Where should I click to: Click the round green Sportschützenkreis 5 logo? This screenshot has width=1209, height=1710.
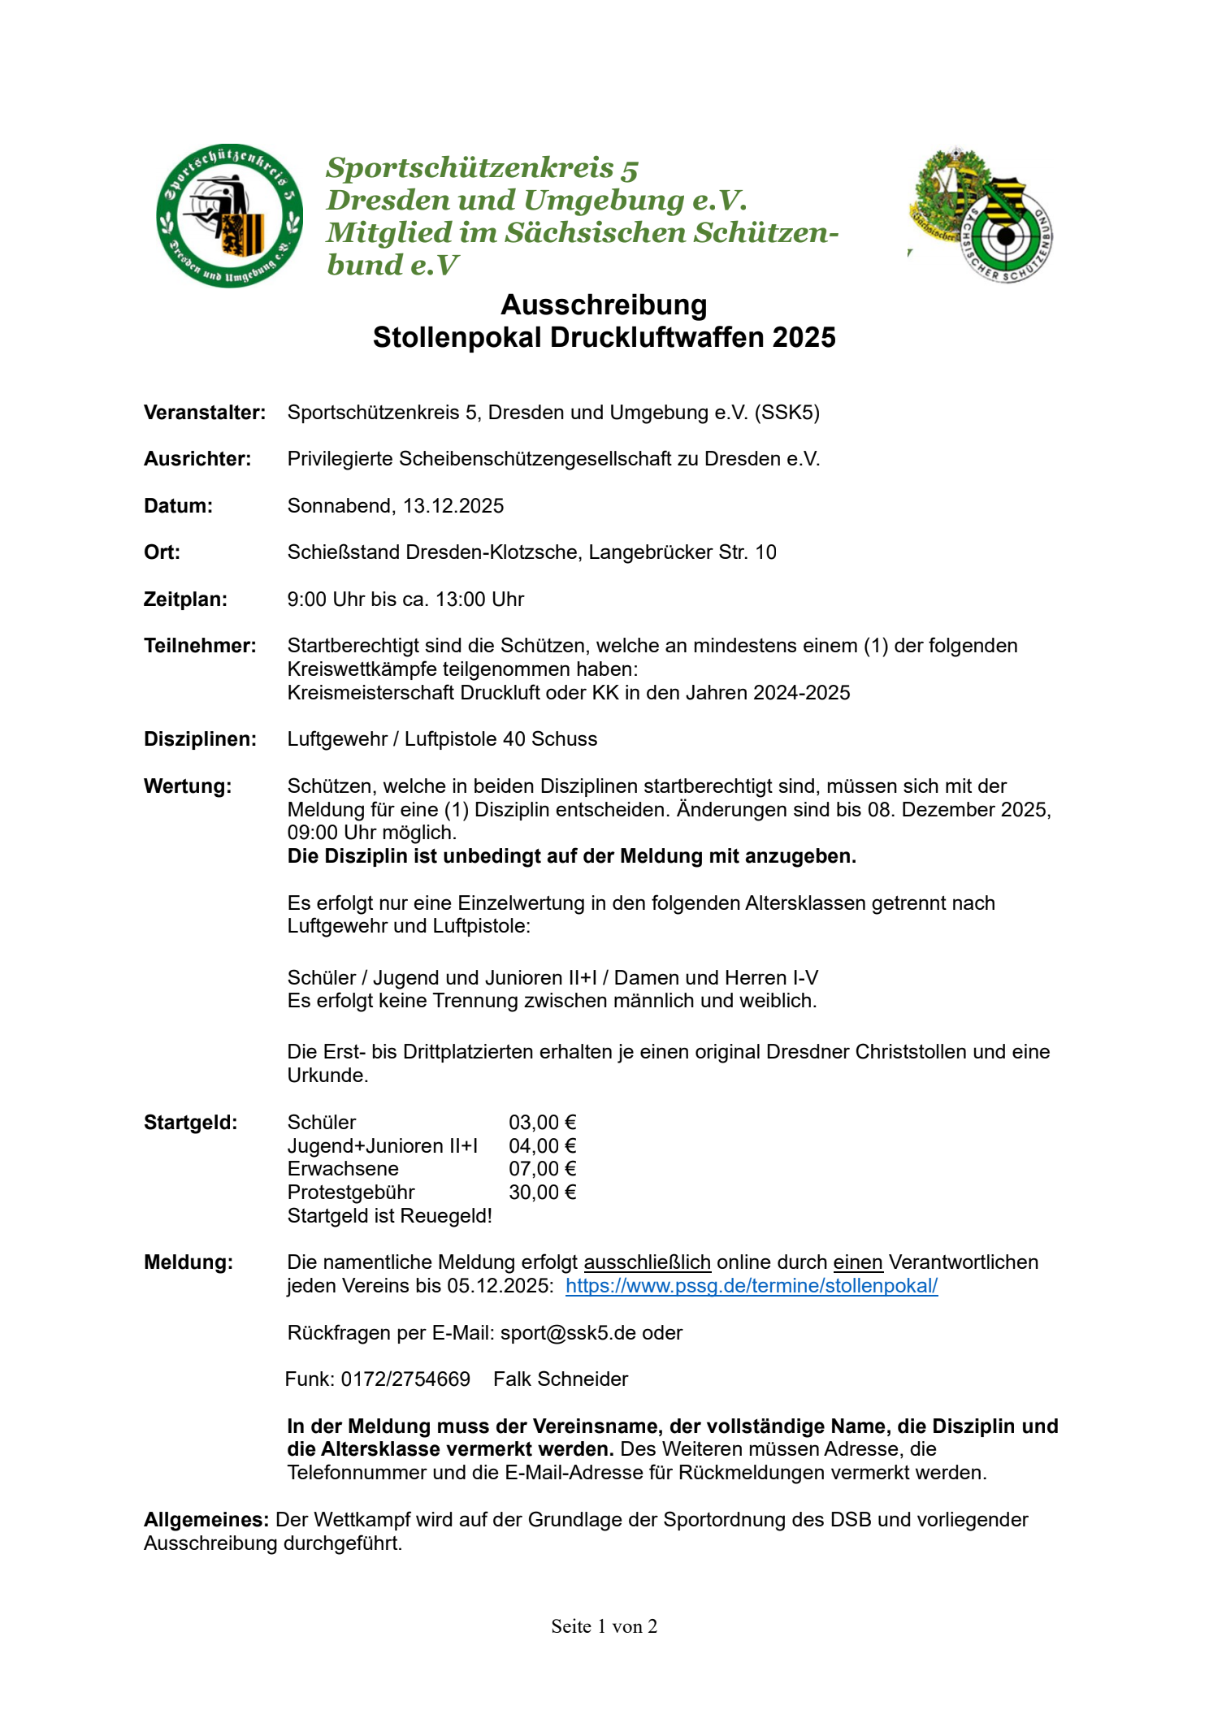(x=230, y=216)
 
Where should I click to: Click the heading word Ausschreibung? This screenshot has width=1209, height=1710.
(x=604, y=305)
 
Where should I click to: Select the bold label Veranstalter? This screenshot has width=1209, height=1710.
(x=205, y=413)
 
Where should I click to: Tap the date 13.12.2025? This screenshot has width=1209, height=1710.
(x=453, y=506)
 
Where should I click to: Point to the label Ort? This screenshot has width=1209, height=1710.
(x=162, y=552)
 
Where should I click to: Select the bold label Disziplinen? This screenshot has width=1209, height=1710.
(x=200, y=739)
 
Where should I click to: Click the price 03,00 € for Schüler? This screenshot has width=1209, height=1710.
(x=542, y=1123)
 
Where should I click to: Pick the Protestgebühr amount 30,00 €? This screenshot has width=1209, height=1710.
(x=542, y=1193)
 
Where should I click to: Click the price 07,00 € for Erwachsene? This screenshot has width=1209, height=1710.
(x=542, y=1169)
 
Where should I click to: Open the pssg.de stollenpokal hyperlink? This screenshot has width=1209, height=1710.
(x=751, y=1286)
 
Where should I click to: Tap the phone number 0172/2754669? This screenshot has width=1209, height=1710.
(x=405, y=1379)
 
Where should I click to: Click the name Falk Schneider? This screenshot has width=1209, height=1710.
(x=561, y=1379)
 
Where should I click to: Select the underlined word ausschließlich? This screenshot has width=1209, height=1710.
(x=647, y=1262)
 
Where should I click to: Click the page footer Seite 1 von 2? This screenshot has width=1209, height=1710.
(x=604, y=1626)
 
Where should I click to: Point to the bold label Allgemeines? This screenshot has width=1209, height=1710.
(x=206, y=1520)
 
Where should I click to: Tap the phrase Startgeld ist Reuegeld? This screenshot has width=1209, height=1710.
(x=389, y=1216)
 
